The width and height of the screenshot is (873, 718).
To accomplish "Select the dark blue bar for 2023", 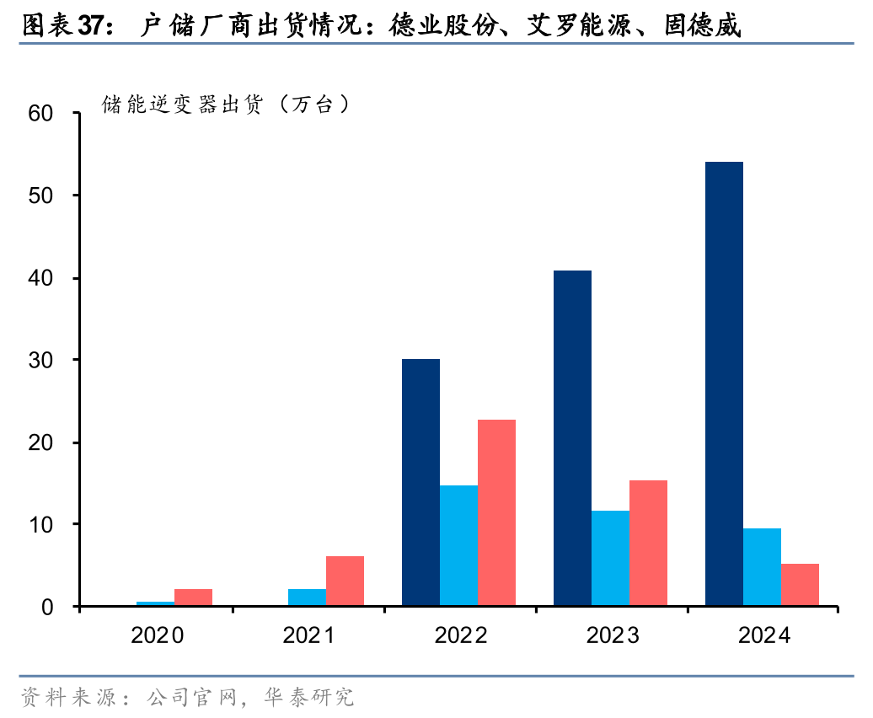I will [x=572, y=437].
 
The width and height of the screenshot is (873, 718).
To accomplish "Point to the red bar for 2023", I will [x=648, y=543].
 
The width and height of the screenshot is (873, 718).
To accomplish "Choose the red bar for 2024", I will [x=800, y=584].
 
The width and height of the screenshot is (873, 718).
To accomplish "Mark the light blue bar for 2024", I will [x=762, y=566].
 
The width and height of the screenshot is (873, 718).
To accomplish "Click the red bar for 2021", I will [x=345, y=581].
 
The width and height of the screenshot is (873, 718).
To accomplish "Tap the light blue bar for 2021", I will [x=307, y=597].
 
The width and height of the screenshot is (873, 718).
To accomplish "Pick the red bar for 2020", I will [x=193, y=597].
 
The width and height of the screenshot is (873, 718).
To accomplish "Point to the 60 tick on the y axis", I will [x=41, y=114].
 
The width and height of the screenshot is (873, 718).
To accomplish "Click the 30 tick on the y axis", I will [x=41, y=360].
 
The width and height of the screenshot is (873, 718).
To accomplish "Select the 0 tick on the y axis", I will [x=47, y=607].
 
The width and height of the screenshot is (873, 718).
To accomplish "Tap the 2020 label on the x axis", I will [x=157, y=635].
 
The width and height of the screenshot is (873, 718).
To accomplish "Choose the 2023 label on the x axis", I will [x=612, y=635].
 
